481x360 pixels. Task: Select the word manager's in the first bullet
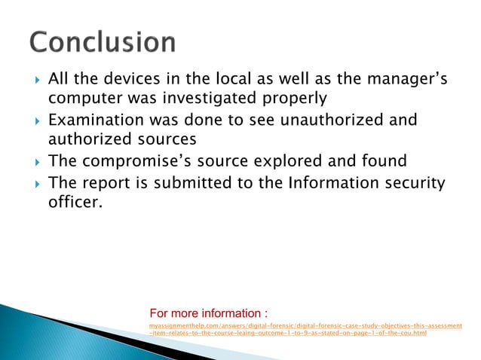click(x=403, y=79)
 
